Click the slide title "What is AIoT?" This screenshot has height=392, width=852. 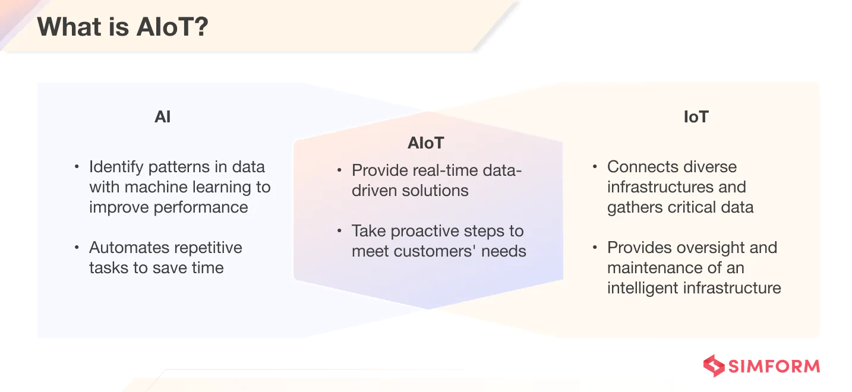pyautogui.click(x=123, y=27)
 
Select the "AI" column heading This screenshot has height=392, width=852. pyautogui.click(x=162, y=117)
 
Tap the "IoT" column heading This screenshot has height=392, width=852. pyautogui.click(x=696, y=117)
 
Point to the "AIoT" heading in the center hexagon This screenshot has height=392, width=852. pyautogui.click(x=426, y=143)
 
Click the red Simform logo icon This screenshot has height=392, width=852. pyautogui.click(x=714, y=366)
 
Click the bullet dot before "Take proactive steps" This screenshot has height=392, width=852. pyautogui.click(x=339, y=231)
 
